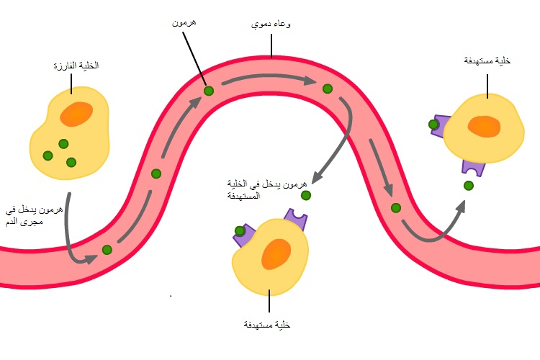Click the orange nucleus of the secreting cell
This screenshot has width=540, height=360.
76,114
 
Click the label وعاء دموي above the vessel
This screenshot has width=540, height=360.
271,24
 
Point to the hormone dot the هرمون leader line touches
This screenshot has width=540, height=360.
208,91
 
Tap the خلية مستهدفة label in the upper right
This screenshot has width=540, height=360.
487,61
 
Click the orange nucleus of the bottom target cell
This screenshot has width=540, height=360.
276,255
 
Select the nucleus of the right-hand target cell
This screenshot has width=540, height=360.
484,126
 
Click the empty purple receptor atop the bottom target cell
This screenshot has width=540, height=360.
296,217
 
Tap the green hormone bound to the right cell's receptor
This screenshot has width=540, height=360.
433,125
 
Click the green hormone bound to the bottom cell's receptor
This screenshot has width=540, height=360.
240,231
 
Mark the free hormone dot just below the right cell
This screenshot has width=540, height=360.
469,186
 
